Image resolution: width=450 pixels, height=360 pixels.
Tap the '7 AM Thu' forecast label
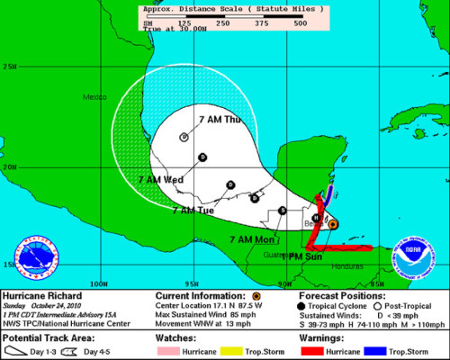click(x=219, y=119)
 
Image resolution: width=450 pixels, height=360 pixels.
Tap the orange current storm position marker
click(x=332, y=222)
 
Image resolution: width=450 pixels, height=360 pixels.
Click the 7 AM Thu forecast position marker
click(x=184, y=137)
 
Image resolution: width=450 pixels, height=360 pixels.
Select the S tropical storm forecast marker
click(x=283, y=210)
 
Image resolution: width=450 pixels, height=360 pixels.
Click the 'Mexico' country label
click(x=94, y=96)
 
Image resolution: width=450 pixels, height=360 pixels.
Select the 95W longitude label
click(x=192, y=282)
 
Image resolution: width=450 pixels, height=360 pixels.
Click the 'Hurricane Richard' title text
click(x=42, y=294)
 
